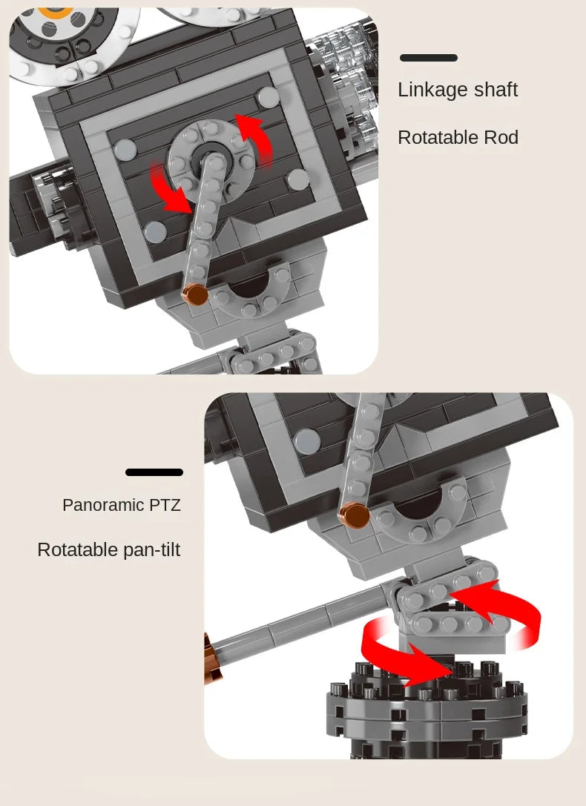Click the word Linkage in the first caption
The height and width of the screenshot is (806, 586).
(432, 90)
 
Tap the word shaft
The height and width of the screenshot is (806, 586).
(496, 90)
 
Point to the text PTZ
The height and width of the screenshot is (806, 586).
(165, 505)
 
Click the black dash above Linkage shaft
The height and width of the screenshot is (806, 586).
(429, 58)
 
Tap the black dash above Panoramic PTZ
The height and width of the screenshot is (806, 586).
(154, 472)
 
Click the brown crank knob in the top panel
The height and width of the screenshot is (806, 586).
(195, 294)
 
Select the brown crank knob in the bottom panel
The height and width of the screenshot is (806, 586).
(355, 515)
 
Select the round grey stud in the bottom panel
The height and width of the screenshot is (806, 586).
(307, 441)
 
